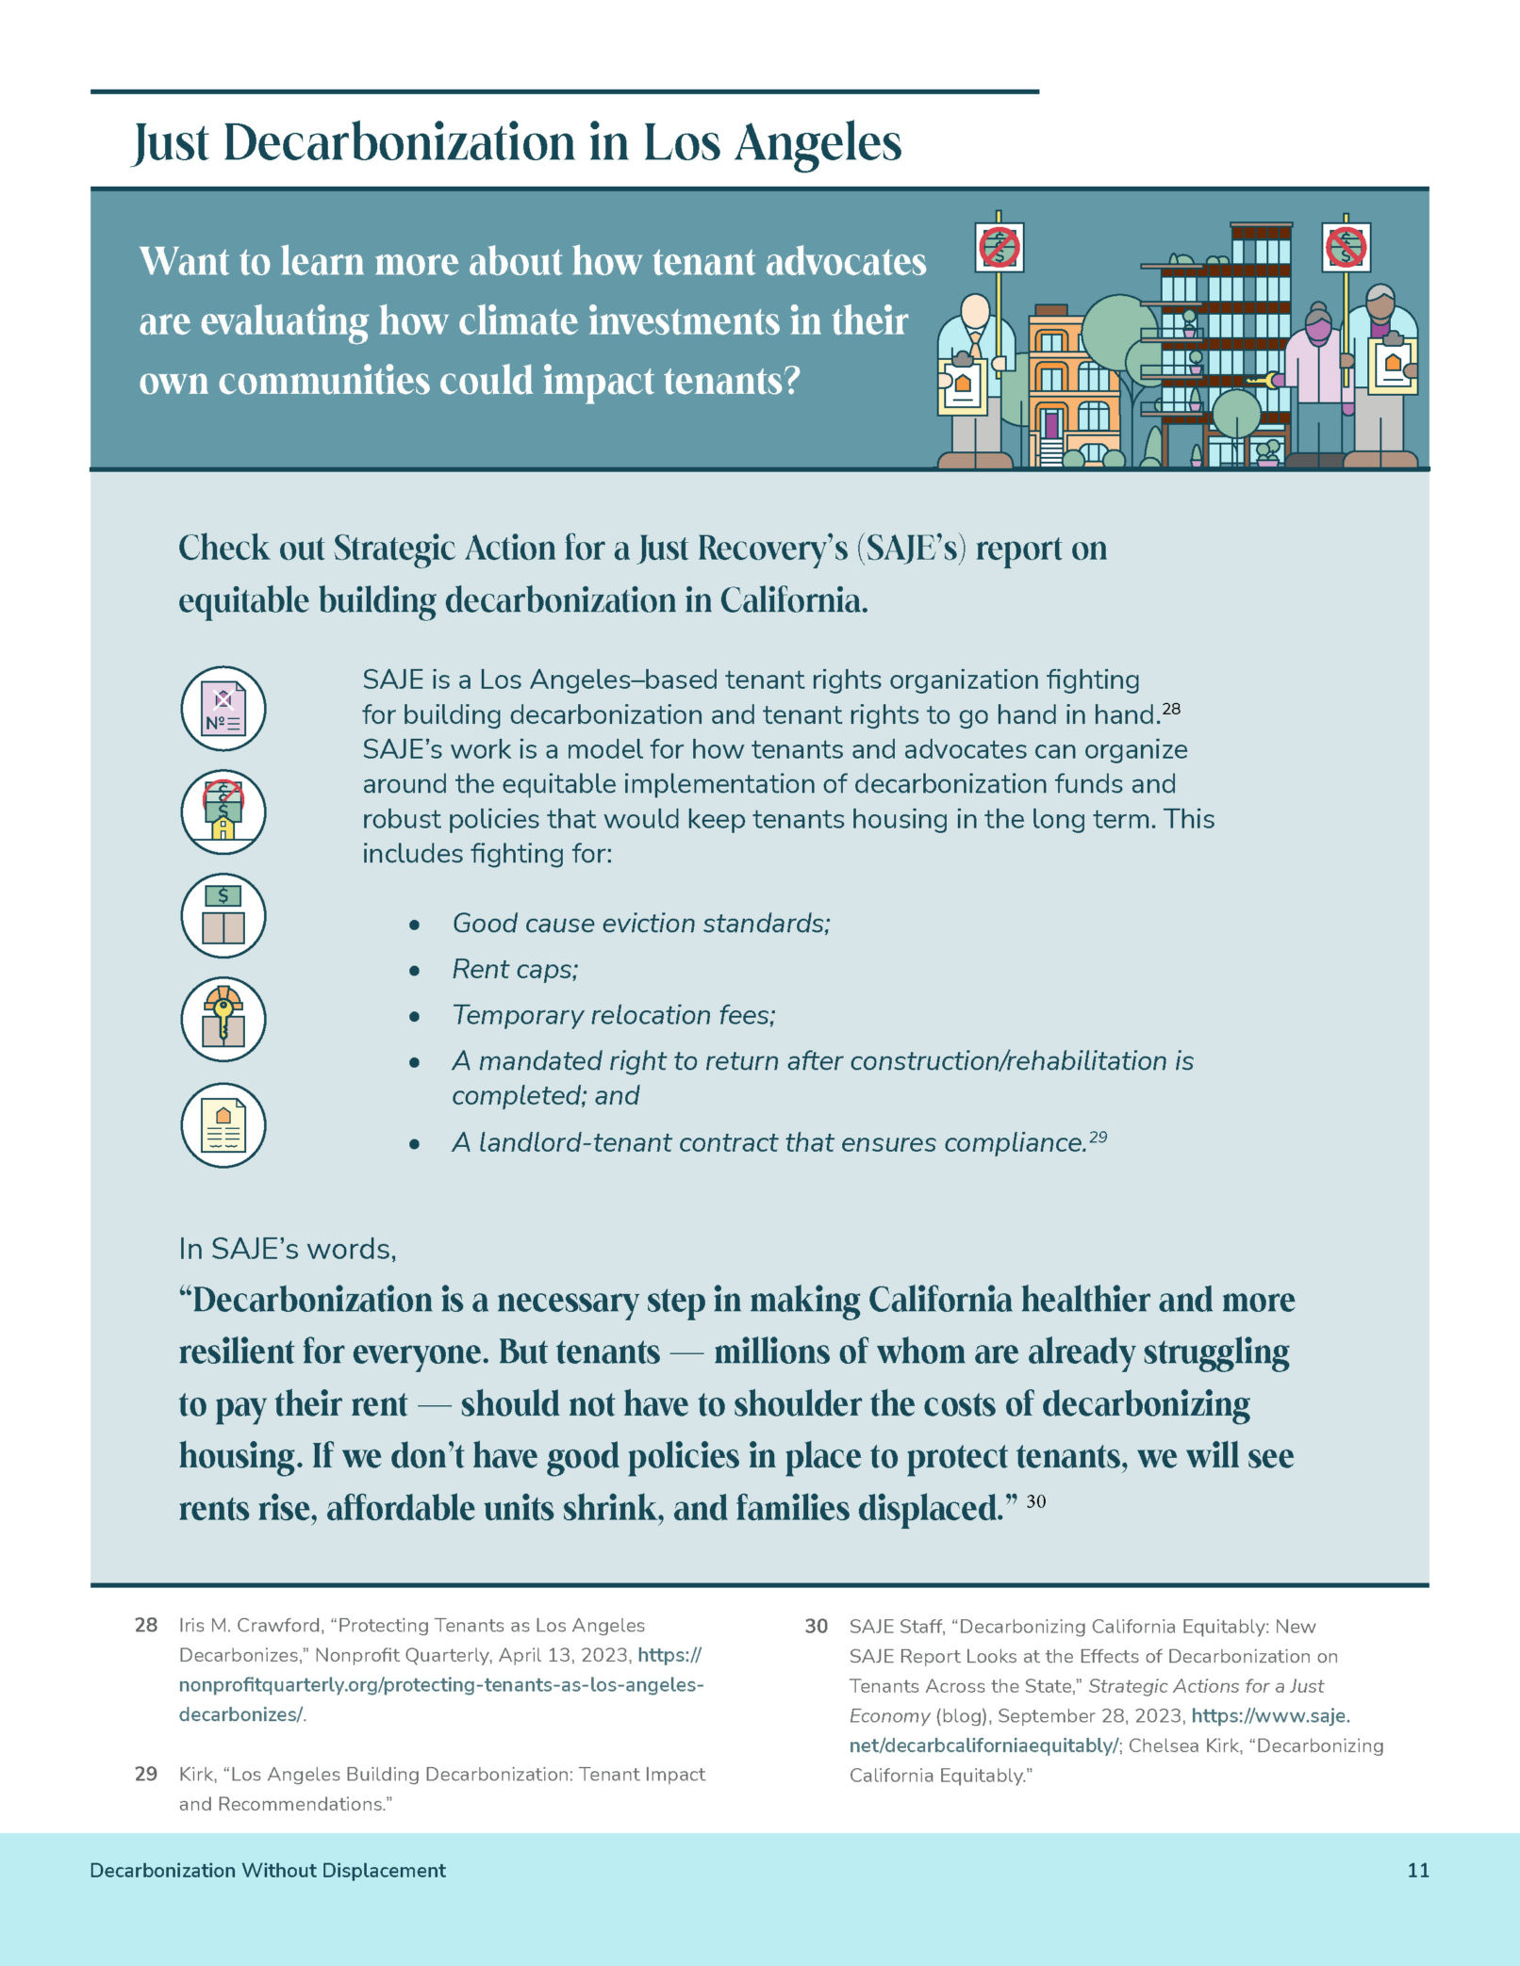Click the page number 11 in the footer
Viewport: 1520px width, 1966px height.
point(1417,1871)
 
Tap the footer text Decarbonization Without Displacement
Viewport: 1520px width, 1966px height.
point(267,1871)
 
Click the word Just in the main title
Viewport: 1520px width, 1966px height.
point(171,144)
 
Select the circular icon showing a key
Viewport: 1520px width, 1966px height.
point(223,1020)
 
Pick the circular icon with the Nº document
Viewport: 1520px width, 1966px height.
point(223,709)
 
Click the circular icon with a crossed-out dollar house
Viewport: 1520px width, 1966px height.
point(223,811)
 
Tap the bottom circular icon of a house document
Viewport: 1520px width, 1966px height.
point(223,1125)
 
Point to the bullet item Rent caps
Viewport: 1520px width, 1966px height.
point(515,969)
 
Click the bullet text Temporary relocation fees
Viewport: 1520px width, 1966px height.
point(613,1015)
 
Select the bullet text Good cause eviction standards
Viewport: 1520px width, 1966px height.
point(641,924)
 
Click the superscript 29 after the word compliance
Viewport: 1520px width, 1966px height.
point(1098,1138)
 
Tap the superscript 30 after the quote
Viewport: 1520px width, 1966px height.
point(1035,1501)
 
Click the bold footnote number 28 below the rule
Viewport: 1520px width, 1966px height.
point(146,1625)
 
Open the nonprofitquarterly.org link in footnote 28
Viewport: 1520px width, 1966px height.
point(441,1684)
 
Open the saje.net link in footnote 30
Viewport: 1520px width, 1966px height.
point(984,1745)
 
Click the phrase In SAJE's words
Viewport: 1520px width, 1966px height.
point(288,1249)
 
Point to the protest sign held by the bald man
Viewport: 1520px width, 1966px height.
point(999,248)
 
